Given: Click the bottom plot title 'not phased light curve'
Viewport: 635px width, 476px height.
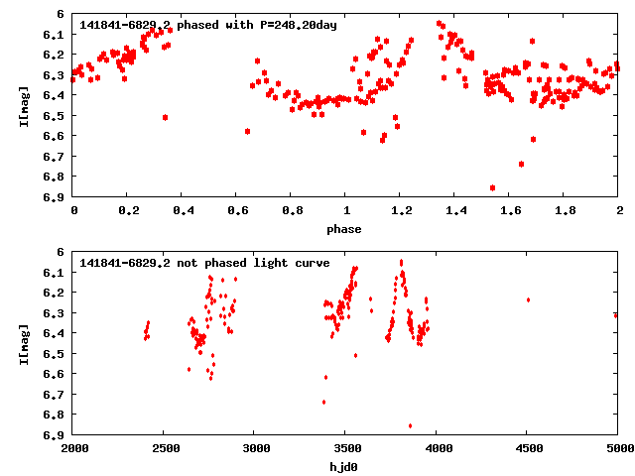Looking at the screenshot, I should pyautogui.click(x=203, y=262).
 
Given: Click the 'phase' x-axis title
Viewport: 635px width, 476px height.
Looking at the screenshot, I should pyautogui.click(x=346, y=229).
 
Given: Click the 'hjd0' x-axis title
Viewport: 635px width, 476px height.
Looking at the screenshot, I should pyautogui.click(x=346, y=467).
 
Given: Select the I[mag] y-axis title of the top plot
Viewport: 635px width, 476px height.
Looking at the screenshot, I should pyautogui.click(x=25, y=105).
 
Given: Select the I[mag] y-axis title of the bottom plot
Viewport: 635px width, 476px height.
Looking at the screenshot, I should pyautogui.click(x=25, y=343).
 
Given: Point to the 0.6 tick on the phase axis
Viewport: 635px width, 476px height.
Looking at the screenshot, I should pyautogui.click(x=237, y=212).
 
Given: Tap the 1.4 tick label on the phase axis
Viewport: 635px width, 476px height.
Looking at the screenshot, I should pyautogui.click(x=455, y=212).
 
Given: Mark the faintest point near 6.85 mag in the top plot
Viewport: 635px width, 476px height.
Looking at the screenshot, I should pyautogui.click(x=493, y=187).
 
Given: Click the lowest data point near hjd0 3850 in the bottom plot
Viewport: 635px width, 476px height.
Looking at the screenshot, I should pyautogui.click(x=411, y=425).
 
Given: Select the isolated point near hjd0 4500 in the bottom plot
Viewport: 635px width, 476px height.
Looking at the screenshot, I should pyautogui.click(x=528, y=299).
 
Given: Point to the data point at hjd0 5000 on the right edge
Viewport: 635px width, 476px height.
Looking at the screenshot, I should pyautogui.click(x=616, y=315).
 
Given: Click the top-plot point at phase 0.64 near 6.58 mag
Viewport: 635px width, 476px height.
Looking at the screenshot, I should pyautogui.click(x=247, y=131).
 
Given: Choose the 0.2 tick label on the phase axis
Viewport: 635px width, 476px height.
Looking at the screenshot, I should pyautogui.click(x=128, y=212).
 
